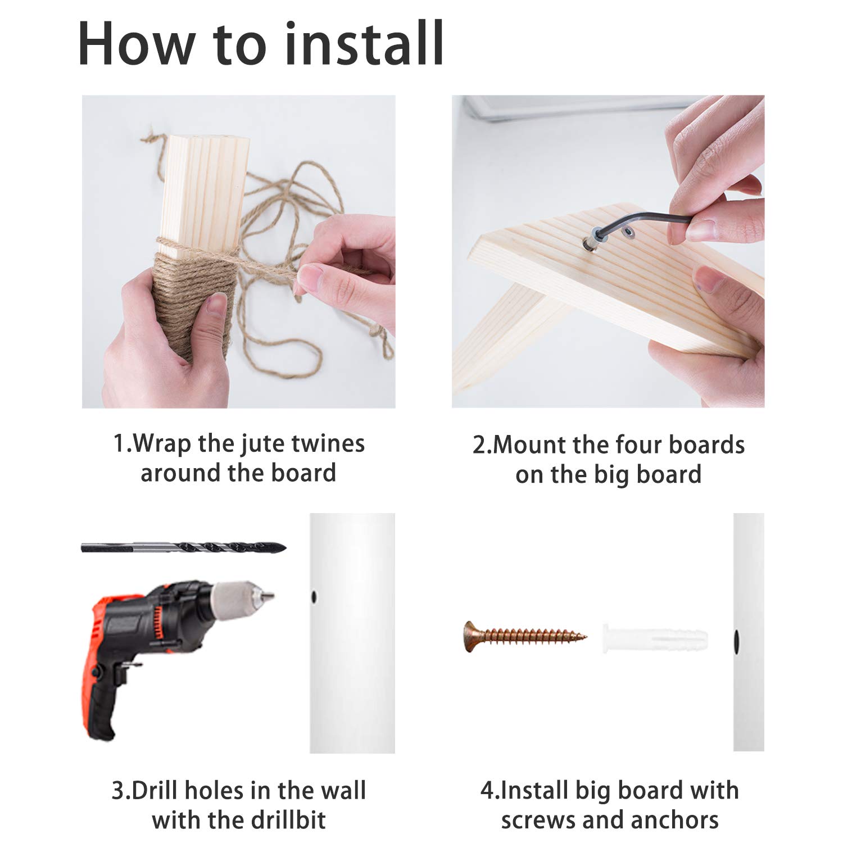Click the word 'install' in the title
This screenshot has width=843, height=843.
coord(365,43)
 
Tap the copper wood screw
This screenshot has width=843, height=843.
coord(525,637)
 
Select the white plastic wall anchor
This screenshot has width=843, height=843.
coord(655,638)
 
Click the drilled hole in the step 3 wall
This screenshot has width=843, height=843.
coord(314,596)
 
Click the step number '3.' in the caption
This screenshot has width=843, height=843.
coord(121,791)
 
